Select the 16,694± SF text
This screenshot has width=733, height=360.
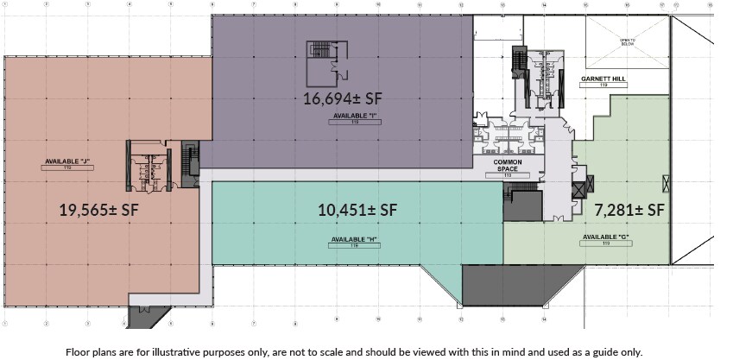343,98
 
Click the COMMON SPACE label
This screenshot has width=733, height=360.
508,165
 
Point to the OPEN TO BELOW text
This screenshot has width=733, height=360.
628,41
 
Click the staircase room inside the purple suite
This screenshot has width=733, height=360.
325,55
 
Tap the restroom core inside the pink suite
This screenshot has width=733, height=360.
145,163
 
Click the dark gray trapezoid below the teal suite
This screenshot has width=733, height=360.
513,283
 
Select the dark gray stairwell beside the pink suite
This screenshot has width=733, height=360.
190,160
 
